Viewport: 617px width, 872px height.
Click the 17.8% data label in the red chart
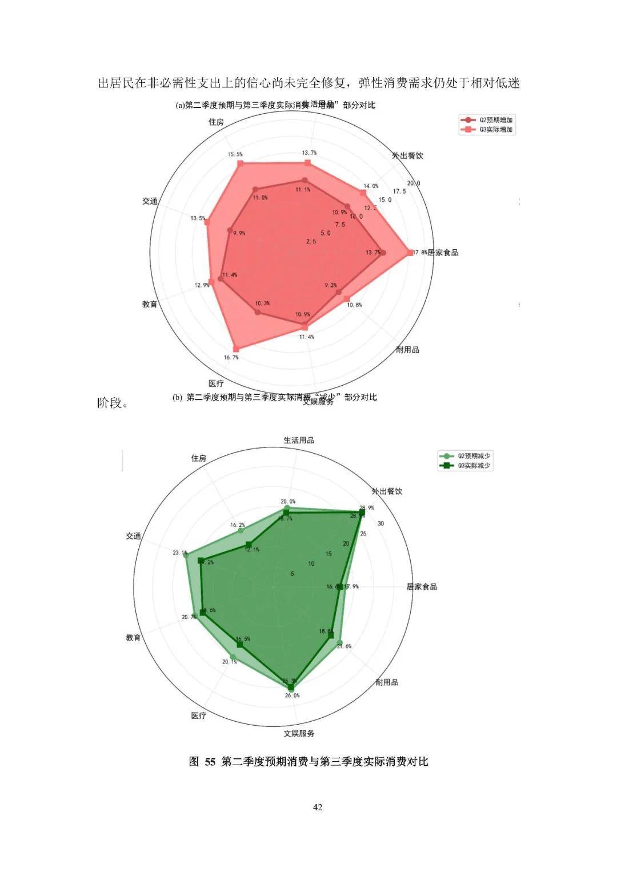[x=420, y=252]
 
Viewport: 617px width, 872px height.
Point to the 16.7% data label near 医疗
[x=231, y=358]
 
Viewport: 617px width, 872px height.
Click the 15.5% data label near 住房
[x=235, y=154]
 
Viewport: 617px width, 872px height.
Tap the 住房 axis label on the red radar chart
[x=216, y=122]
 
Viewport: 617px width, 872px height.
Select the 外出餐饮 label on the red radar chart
[x=407, y=155]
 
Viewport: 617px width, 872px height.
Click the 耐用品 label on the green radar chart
[x=387, y=682]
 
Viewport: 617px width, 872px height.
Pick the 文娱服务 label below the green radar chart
[x=299, y=733]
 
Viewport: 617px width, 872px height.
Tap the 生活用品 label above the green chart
[x=299, y=440]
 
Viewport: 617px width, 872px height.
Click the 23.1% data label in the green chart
[x=179, y=553]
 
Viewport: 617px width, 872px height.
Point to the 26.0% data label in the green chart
[x=292, y=695]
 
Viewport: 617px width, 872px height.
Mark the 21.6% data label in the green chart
[x=344, y=646]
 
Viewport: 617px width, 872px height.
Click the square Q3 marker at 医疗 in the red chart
[x=237, y=348]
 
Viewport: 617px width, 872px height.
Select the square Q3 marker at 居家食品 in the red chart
[x=409, y=252]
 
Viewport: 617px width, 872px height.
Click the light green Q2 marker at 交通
[x=186, y=556]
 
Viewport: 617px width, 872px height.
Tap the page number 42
[x=318, y=807]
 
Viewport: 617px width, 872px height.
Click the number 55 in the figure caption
[x=210, y=762]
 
